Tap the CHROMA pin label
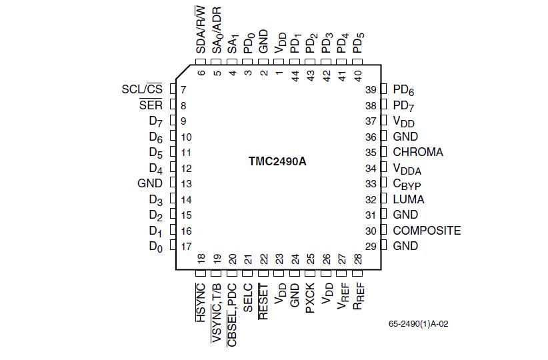click(417, 152)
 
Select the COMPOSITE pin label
click(427, 231)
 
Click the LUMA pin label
click(408, 199)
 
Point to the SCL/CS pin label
click(142, 89)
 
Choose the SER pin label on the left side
click(151, 105)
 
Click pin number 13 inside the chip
click(186, 184)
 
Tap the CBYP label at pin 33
click(407, 185)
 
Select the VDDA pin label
click(407, 169)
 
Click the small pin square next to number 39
click(383, 89)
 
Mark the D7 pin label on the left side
click(155, 121)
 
